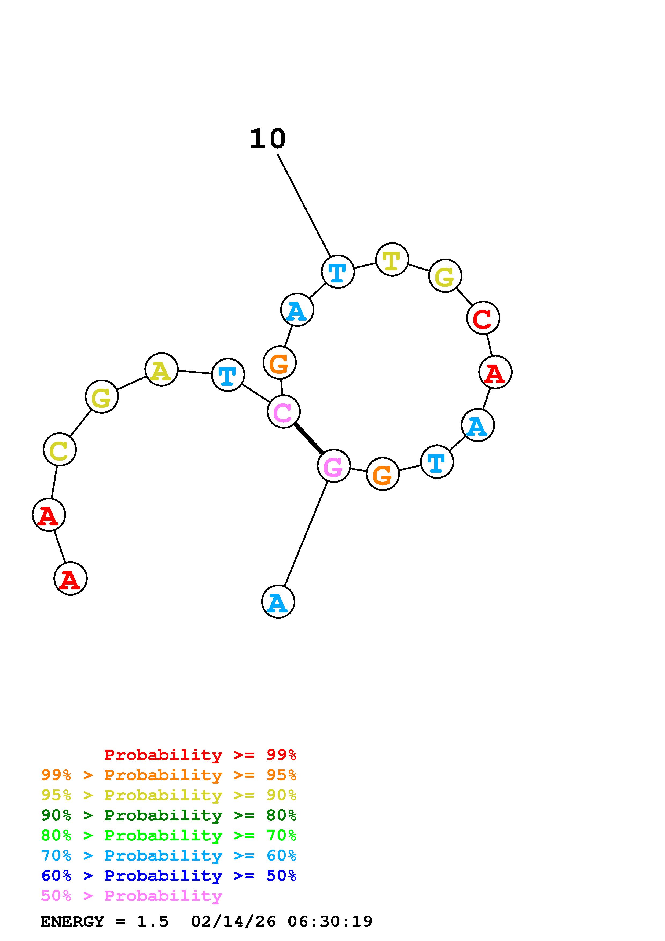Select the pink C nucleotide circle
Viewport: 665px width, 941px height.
pyautogui.click(x=284, y=411)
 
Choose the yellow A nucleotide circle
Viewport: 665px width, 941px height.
pyautogui.click(x=161, y=369)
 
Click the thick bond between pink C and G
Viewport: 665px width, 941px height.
pyautogui.click(x=308, y=439)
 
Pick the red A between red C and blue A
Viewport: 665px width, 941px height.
pyautogui.click(x=495, y=372)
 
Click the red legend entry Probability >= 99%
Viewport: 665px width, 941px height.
pyautogui.click(x=200, y=755)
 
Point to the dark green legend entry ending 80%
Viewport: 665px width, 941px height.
pyautogui.click(x=169, y=815)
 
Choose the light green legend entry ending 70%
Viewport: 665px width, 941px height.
pyautogui.click(x=169, y=835)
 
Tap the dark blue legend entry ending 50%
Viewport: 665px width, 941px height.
pyautogui.click(x=169, y=876)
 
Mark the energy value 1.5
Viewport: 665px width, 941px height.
pyautogui.click(x=152, y=922)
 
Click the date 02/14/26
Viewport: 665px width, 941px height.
pyautogui.click(x=234, y=922)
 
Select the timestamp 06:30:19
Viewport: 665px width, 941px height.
pyautogui.click(x=330, y=922)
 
